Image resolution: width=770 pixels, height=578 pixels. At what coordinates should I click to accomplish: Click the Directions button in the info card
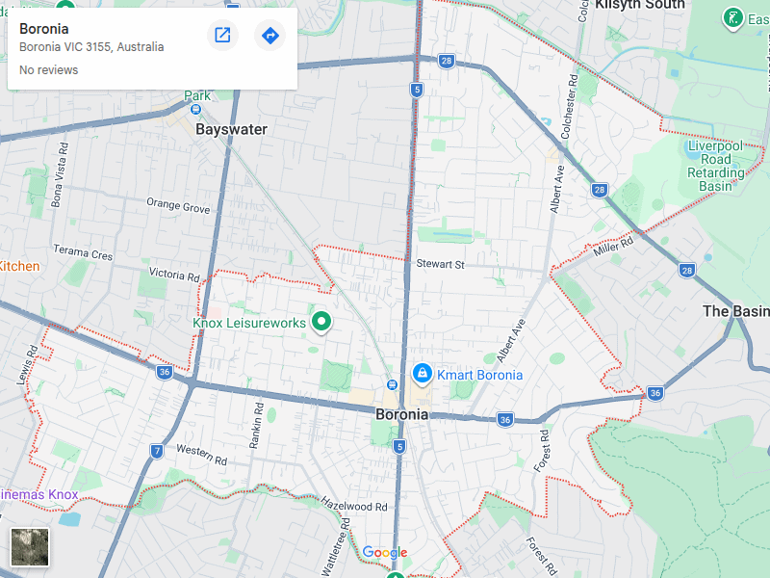(270, 36)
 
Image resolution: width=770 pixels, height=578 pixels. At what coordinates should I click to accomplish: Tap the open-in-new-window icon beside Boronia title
(222, 36)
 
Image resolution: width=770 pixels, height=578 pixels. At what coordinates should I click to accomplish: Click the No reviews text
(49, 70)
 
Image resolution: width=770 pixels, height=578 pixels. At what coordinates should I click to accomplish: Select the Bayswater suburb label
(231, 129)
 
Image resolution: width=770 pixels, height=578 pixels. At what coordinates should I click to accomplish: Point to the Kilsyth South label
(640, 5)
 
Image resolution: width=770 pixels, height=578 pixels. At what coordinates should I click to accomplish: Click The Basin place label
(736, 311)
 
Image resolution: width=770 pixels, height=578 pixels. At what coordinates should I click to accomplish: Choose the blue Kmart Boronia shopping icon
(421, 373)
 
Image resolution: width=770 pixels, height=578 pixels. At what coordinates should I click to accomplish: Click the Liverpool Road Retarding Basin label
(716, 166)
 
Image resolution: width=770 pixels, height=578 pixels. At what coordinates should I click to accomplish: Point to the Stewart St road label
(440, 264)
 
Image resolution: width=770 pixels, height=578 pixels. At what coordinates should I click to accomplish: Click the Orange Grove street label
(178, 206)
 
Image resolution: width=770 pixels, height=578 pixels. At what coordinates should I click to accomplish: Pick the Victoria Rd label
(174, 275)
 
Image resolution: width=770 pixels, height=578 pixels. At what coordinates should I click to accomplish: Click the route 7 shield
(157, 451)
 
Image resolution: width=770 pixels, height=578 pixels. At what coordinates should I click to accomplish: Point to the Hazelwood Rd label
(353, 505)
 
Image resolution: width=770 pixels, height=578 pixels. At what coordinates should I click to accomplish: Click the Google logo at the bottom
(384, 553)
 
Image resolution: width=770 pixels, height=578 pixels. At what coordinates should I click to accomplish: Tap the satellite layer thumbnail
(29, 547)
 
